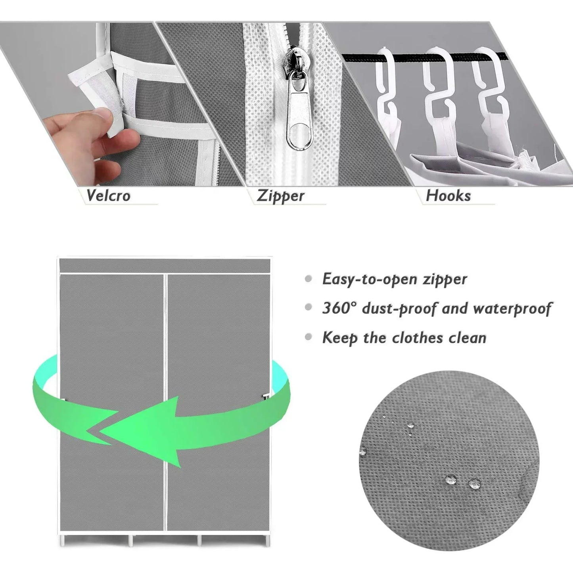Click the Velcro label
click(x=108, y=195)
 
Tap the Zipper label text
click(x=280, y=196)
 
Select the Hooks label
click(x=448, y=195)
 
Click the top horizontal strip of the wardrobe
click(x=165, y=265)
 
